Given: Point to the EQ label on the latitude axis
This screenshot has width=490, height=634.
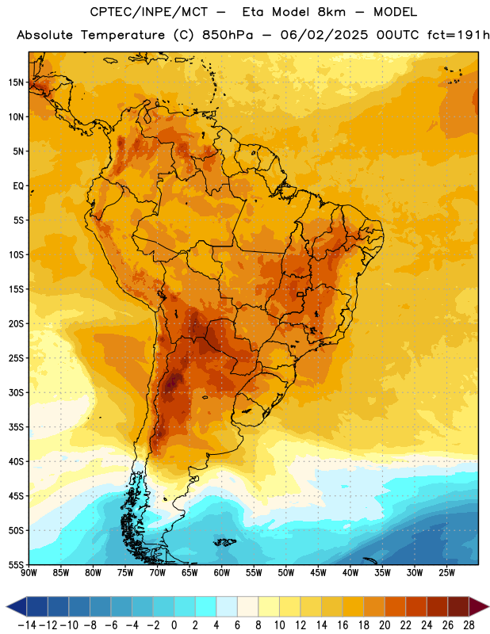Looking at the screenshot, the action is click(x=18, y=186).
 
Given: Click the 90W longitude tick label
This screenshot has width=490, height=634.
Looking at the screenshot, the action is click(x=29, y=573).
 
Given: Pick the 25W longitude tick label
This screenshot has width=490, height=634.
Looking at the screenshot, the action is click(x=446, y=573).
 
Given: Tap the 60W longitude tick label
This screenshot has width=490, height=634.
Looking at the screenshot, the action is click(x=222, y=573).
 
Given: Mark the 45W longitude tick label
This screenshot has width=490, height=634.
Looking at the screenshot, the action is click(x=318, y=573).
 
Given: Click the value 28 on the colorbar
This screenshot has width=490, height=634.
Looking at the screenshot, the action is click(x=469, y=625).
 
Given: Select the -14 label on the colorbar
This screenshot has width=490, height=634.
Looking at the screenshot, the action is click(x=27, y=625).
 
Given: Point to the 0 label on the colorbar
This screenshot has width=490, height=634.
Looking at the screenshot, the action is click(x=174, y=625).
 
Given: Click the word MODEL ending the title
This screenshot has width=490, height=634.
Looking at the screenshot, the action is click(x=395, y=12).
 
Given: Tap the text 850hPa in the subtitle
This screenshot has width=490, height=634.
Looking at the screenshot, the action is click(x=228, y=35).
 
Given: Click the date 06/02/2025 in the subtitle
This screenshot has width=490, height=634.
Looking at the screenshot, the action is click(x=324, y=35).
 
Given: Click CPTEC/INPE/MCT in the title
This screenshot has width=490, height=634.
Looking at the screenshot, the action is click(x=148, y=12).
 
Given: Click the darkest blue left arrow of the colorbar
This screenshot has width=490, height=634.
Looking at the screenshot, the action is click(x=17, y=606).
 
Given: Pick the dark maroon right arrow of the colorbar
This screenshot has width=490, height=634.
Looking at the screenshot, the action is click(x=479, y=606).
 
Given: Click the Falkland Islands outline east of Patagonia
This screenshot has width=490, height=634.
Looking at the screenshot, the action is click(x=224, y=542).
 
